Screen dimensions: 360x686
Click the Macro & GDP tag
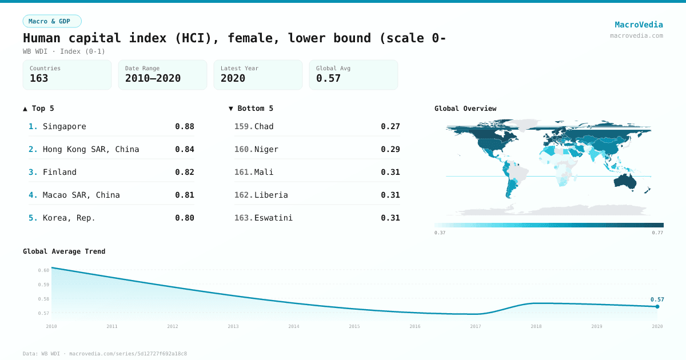[x=52, y=21]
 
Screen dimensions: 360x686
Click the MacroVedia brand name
[x=639, y=25]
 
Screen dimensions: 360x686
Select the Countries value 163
[x=39, y=78]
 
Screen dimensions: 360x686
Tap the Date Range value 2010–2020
[x=153, y=78]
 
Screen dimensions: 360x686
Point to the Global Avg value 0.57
[x=328, y=78]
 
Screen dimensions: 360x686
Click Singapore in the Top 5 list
[x=64, y=126]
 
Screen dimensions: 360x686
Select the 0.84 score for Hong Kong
[x=185, y=149]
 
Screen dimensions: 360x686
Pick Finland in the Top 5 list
[x=59, y=172]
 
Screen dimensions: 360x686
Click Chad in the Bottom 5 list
[x=264, y=126]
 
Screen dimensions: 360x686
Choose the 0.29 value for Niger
[x=390, y=149]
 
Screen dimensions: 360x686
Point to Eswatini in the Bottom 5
[x=273, y=218]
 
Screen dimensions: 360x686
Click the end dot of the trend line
[x=657, y=306]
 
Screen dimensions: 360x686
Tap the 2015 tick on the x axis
[x=354, y=326]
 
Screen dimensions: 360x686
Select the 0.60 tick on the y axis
[x=43, y=270]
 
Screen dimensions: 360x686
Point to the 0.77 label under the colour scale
[x=657, y=233]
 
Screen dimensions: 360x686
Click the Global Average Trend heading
[x=64, y=251]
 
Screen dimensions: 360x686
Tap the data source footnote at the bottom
[x=105, y=354]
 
